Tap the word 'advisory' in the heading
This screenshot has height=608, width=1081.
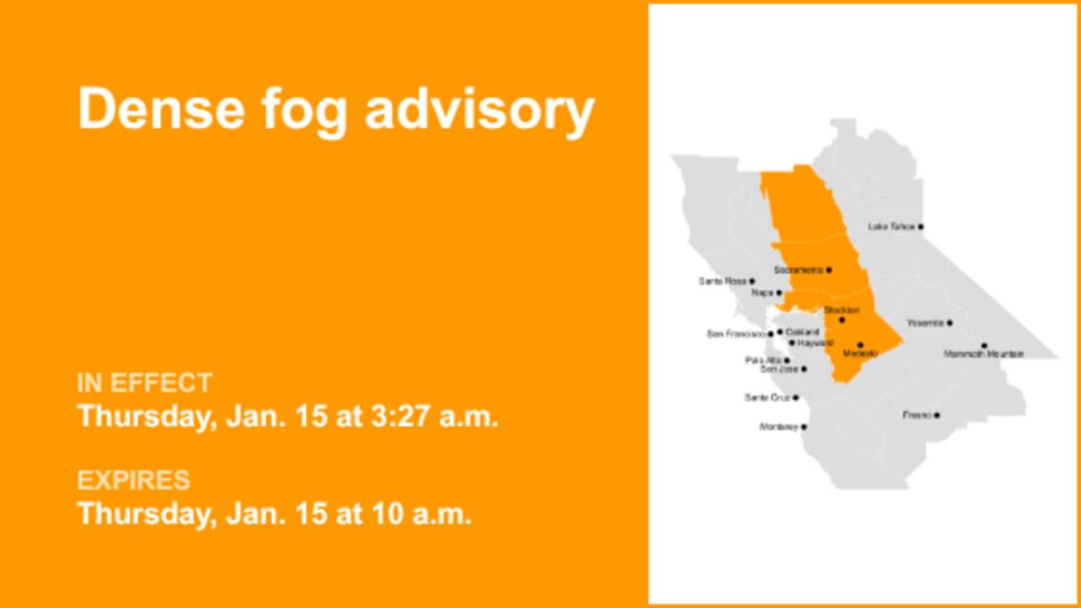[478, 110]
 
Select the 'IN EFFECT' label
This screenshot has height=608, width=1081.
[145, 382]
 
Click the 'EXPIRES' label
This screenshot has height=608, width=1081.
[133, 480]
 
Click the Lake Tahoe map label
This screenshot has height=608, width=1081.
[891, 227]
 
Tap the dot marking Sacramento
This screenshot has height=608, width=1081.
[829, 270]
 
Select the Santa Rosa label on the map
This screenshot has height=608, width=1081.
[723, 281]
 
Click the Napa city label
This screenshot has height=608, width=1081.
[762, 293]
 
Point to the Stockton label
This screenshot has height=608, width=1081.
[841, 310]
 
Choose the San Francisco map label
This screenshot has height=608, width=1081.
[736, 334]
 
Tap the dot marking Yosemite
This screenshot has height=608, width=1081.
[949, 323]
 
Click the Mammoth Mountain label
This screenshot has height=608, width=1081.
[983, 354]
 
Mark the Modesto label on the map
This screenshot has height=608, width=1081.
[860, 353]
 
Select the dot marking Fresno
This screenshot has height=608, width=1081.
[937, 415]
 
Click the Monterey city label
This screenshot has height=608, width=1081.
[779, 427]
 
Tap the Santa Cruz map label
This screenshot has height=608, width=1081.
[767, 398]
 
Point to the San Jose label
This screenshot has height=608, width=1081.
[780, 369]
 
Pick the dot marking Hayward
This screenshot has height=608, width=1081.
[792, 343]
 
